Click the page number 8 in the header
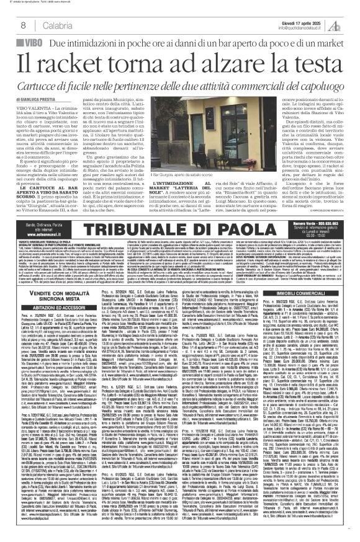click(23, 24)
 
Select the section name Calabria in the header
click(48, 24)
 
